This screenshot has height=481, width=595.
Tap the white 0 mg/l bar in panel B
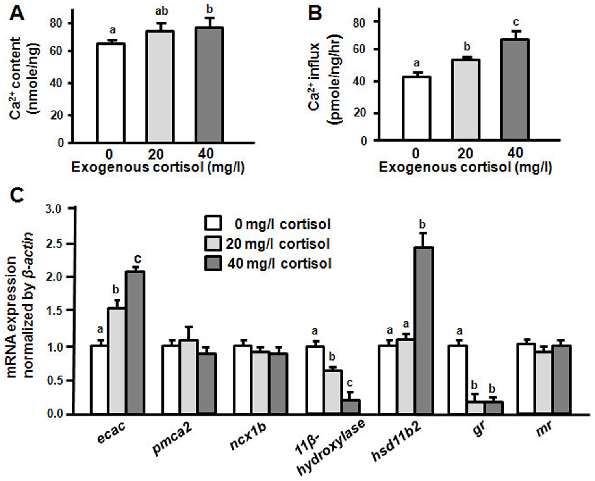click(417, 108)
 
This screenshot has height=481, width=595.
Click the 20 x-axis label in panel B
click(465, 153)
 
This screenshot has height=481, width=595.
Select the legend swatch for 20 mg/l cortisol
click(213, 244)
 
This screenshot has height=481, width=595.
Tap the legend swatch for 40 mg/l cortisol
click(213, 264)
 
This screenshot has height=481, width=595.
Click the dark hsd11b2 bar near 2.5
click(424, 330)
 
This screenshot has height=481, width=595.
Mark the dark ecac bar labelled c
click(135, 342)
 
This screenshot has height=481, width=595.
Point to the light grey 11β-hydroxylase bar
click(333, 392)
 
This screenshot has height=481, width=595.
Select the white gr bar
click(458, 380)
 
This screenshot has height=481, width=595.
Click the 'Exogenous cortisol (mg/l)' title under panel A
click(158, 168)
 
